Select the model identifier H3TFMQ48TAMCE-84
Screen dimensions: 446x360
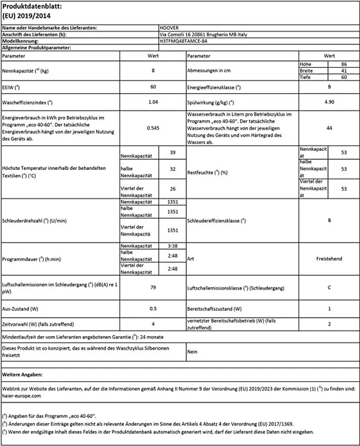[183, 41]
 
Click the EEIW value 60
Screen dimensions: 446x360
[153, 87]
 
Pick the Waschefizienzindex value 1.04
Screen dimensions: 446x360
[153, 103]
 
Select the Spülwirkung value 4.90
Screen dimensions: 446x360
[329, 103]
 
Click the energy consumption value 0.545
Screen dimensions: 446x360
[153, 128]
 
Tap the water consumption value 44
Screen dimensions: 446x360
[329, 128]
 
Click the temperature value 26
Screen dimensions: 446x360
[172, 189]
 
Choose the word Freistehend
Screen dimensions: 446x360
[329, 259]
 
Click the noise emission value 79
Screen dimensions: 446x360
[153, 287]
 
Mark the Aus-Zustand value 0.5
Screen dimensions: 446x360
[153, 309]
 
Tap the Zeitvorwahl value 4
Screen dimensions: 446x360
[153, 324]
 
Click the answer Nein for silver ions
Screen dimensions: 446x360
[192, 351]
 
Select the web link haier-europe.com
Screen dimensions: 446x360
[21, 396]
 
